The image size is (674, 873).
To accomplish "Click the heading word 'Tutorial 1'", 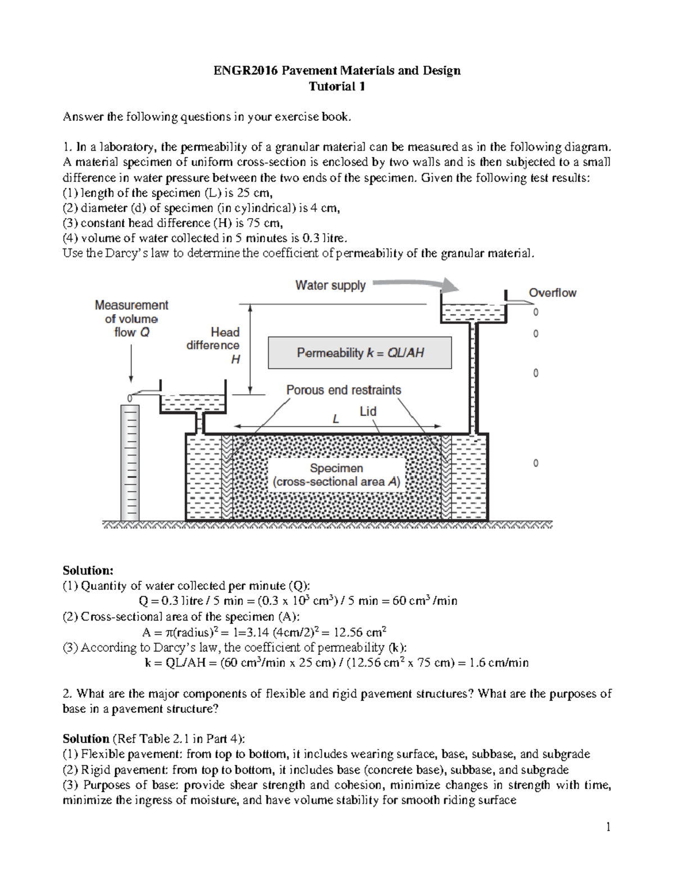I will coord(337,87).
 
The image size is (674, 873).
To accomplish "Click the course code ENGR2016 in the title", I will coord(245,71).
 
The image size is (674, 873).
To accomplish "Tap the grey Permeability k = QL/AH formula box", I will coord(359,353).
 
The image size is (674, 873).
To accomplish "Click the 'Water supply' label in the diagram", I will coord(330,286).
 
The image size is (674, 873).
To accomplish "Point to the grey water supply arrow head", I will coord(449,285).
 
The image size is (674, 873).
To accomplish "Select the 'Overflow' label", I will coord(552,293).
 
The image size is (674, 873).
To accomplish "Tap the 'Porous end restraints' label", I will coord(343,390).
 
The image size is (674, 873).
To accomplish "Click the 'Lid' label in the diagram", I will coord(368,411).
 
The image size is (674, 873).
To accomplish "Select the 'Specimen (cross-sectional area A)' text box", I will coord(336,475).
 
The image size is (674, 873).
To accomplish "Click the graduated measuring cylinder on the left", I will coord(130,461).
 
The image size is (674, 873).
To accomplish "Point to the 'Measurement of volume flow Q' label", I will coord(131,319).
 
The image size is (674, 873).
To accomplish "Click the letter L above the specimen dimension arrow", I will coord(336,419).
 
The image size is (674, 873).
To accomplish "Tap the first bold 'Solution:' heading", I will coord(88,571).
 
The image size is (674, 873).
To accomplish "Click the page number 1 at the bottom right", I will coord(608,826).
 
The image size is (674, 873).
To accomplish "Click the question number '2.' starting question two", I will coord(67,694).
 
